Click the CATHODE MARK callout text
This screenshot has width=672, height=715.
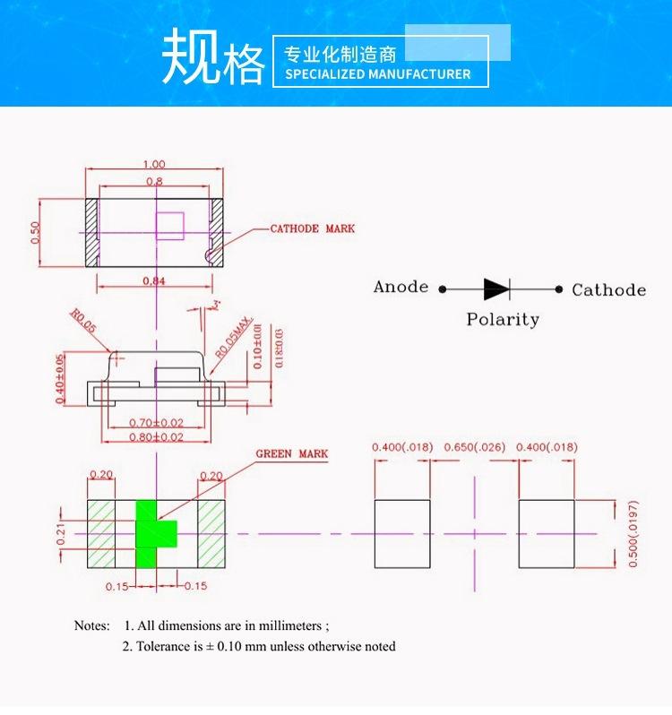coord(312,228)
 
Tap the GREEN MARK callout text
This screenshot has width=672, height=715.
coord(291,454)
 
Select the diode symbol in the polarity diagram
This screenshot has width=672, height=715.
coord(496,289)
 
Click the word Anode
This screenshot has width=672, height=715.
coord(401,287)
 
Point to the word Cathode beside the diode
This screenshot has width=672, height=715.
coord(608,289)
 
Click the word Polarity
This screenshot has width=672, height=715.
coord(503,319)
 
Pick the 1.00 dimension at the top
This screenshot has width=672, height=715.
coord(154,164)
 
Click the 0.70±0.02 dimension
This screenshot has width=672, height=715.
coord(156,422)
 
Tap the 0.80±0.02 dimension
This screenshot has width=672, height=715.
coord(156,437)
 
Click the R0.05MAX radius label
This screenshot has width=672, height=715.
coord(234,338)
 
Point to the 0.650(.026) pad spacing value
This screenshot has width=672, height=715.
coord(475,447)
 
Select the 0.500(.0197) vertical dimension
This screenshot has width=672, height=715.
coord(633,534)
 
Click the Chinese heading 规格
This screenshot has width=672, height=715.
coord(213,60)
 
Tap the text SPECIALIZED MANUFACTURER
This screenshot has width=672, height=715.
coord(377,74)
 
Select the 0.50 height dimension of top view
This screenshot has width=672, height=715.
coord(35,232)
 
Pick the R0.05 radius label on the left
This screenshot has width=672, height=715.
coord(82,322)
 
